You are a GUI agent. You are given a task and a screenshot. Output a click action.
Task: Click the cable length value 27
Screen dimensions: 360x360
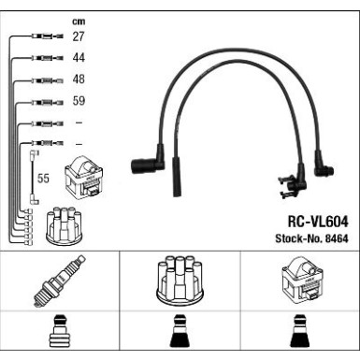tap(79, 37)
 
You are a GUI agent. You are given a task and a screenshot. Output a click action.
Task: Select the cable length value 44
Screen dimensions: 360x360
tap(79, 59)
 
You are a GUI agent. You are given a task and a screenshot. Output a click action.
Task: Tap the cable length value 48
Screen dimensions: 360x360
tap(79, 80)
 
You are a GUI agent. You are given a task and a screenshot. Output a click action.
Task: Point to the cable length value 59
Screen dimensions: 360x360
tap(79, 102)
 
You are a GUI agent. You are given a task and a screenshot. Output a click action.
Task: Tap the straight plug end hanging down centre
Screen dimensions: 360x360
tap(175, 178)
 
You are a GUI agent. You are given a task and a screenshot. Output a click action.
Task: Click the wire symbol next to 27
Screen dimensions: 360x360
tap(44, 37)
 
